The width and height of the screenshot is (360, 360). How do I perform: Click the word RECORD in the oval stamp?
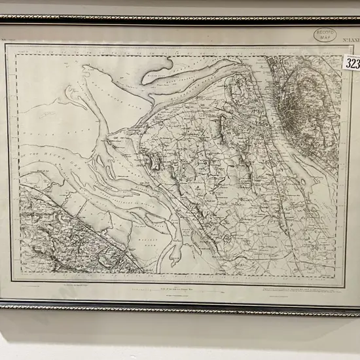point(325,31)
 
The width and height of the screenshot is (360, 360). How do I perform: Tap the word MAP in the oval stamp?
point(325,37)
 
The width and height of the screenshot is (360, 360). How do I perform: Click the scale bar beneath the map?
point(177,289)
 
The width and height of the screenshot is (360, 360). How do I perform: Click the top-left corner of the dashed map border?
point(16,55)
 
